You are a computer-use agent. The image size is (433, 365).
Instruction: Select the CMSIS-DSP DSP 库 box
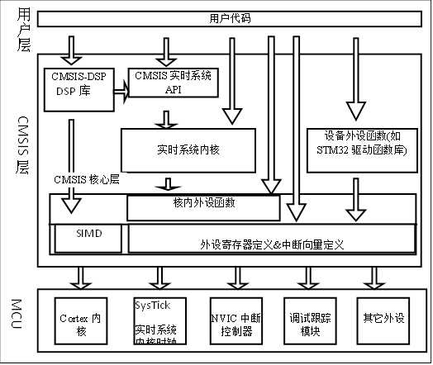[79, 85]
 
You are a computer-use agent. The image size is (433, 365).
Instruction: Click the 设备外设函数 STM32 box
[360, 145]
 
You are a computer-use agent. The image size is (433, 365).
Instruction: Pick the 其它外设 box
[381, 323]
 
